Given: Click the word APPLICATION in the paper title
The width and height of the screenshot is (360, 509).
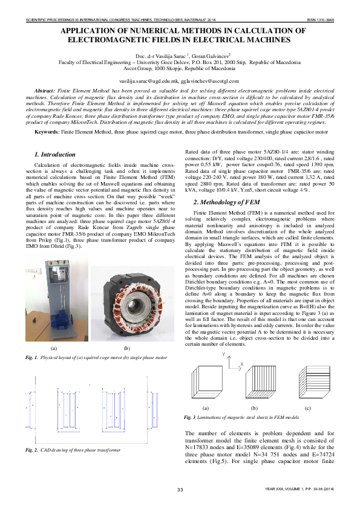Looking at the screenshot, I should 90,30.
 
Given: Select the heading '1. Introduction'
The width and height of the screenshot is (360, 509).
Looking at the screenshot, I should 55,155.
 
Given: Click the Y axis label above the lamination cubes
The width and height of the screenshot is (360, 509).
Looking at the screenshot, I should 223,353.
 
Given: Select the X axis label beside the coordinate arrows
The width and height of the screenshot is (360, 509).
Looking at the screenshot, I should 242,365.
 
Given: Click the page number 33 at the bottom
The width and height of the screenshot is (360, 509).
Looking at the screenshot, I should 180,489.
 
